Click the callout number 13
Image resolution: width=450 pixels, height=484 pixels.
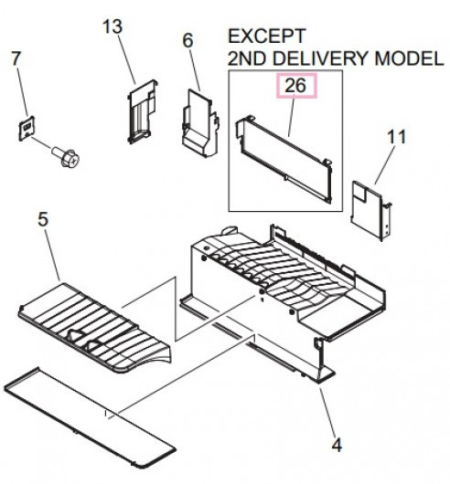pyautogui.click(x=112, y=26)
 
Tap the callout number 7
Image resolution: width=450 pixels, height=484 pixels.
pyautogui.click(x=16, y=58)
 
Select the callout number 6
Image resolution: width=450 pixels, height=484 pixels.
pyautogui.click(x=187, y=40)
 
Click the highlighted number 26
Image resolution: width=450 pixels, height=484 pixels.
pyautogui.click(x=295, y=86)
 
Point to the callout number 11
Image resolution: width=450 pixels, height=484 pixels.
pyautogui.click(x=397, y=137)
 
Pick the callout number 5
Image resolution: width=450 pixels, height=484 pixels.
pyautogui.click(x=43, y=219)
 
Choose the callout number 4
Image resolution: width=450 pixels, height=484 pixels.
pyautogui.click(x=337, y=446)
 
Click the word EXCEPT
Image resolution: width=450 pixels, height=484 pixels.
pyautogui.click(x=267, y=36)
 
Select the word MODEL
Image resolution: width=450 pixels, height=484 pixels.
pyautogui.click(x=409, y=58)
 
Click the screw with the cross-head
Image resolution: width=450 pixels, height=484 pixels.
pyautogui.click(x=66, y=156)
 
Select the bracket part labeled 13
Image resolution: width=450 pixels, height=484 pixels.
pyautogui.click(x=142, y=112)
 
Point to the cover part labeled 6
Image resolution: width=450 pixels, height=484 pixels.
pyautogui.click(x=201, y=122)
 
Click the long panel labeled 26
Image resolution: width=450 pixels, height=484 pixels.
pyautogui.click(x=284, y=159)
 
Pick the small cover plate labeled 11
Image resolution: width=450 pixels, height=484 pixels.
pyautogui.click(x=370, y=211)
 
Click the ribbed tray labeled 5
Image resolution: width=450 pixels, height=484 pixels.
pyautogui.click(x=94, y=328)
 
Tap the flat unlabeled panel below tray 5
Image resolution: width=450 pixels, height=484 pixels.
pyautogui.click(x=90, y=416)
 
